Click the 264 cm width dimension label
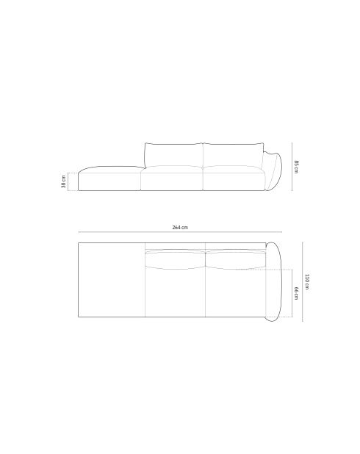[180, 227]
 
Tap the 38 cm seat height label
[63, 181]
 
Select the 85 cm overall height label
[296, 167]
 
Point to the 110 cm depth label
[306, 281]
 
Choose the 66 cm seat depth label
[296, 293]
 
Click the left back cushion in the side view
[174, 155]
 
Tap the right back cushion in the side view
[234, 155]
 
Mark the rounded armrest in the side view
[273, 171]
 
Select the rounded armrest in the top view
[273, 281]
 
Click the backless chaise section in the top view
[112, 280]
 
